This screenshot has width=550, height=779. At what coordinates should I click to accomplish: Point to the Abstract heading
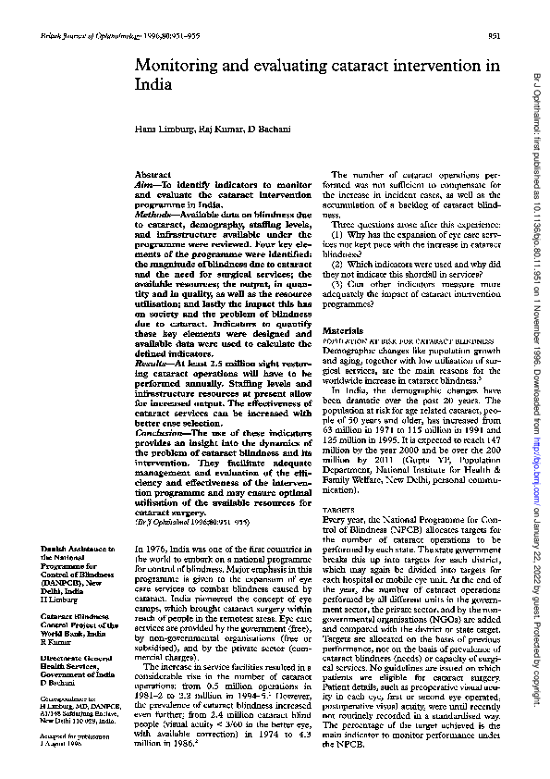pos(153,174)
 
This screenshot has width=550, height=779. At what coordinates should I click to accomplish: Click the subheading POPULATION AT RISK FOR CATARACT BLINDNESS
pos(389,341)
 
